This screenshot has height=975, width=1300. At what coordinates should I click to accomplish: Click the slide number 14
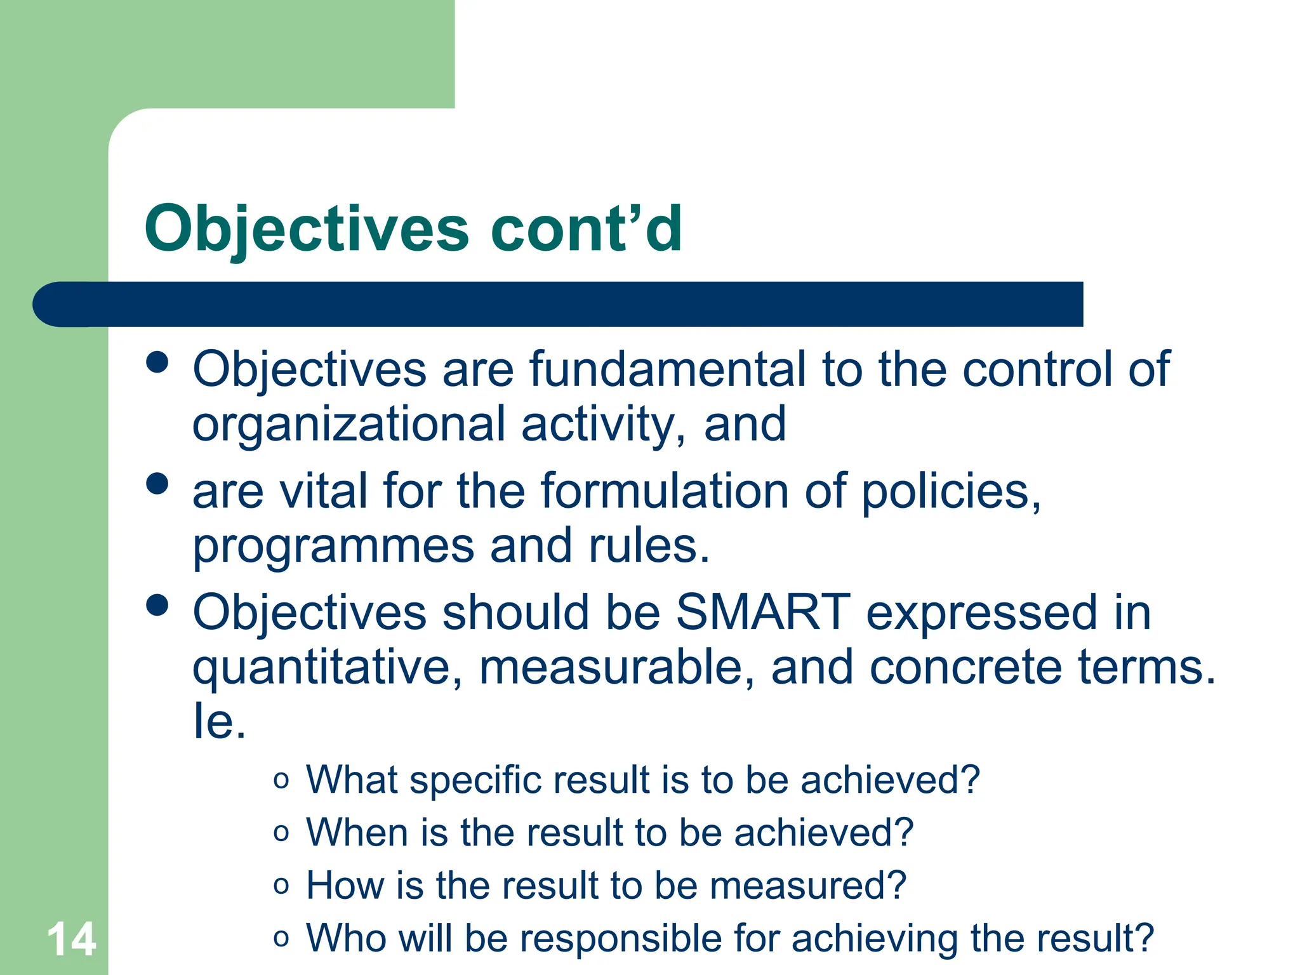pyautogui.click(x=71, y=939)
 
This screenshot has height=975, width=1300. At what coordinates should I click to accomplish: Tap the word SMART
pyautogui.click(x=762, y=612)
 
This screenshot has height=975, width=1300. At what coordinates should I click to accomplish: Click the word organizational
pyautogui.click(x=349, y=424)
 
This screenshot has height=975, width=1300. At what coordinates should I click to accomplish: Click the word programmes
pyautogui.click(x=333, y=546)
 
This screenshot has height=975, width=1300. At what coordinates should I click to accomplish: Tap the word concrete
pyautogui.click(x=965, y=667)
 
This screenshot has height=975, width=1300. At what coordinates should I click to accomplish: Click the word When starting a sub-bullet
pyautogui.click(x=357, y=832)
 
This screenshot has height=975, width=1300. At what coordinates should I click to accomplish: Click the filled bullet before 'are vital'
pyautogui.click(x=157, y=484)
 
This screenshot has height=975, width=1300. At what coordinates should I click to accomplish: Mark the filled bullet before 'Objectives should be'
pyautogui.click(x=157, y=605)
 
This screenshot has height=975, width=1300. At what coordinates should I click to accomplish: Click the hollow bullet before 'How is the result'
pyautogui.click(x=281, y=885)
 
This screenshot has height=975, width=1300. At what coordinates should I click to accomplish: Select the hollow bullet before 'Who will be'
pyautogui.click(x=281, y=938)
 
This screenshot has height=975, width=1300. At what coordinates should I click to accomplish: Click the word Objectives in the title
pyautogui.click(x=307, y=229)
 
